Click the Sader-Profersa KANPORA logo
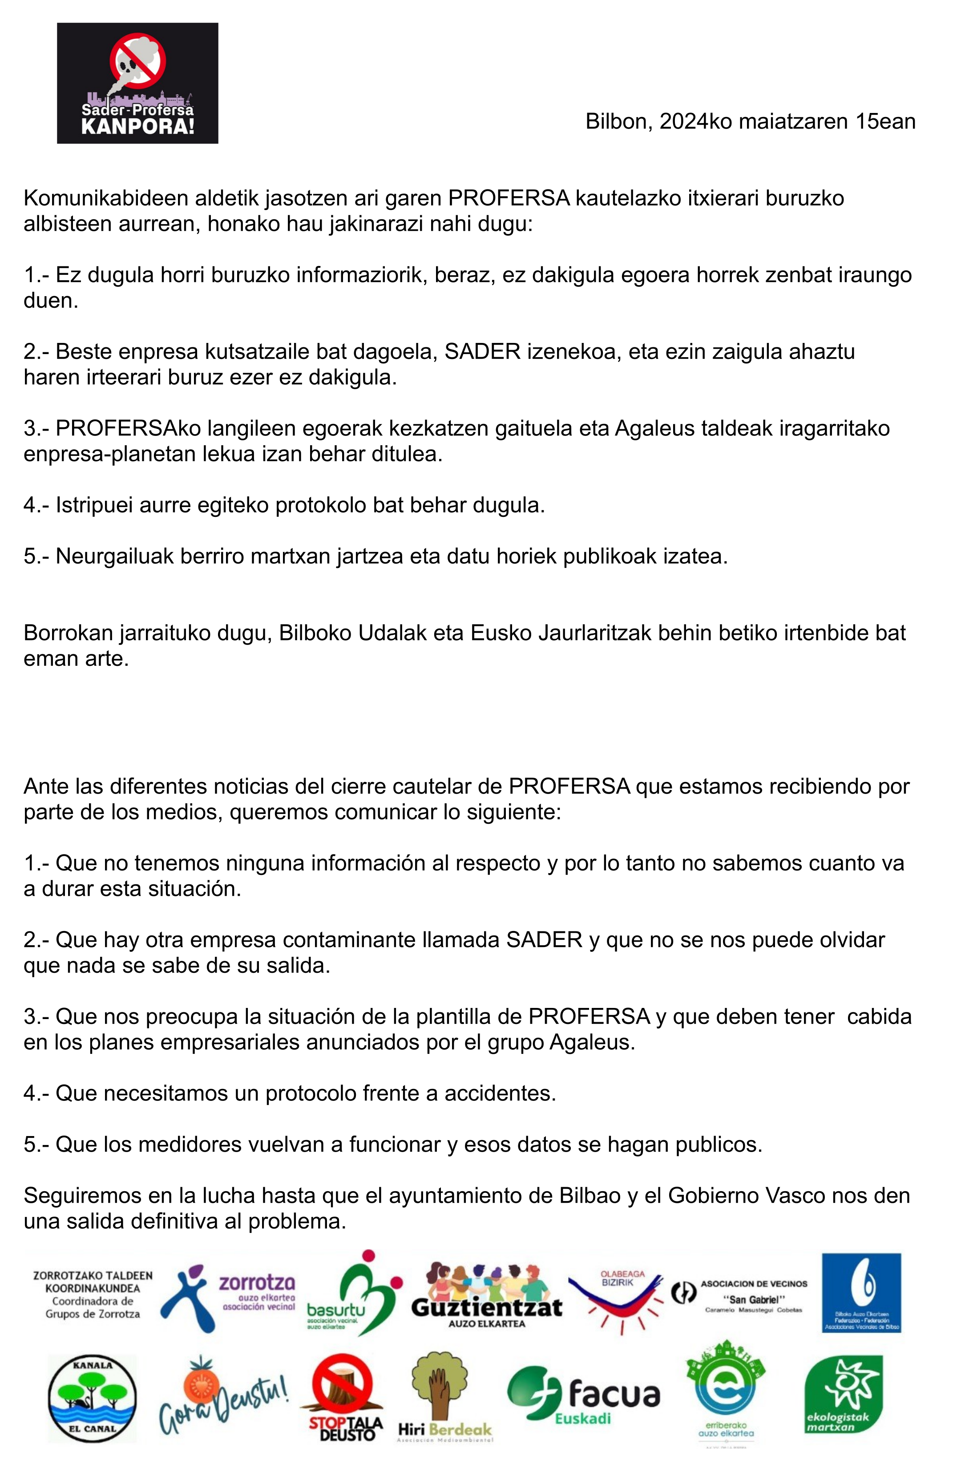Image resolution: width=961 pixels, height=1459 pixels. click(x=137, y=83)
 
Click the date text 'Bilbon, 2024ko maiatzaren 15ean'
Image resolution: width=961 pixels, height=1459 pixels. click(x=750, y=121)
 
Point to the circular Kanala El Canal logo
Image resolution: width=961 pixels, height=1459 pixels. click(x=92, y=1399)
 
